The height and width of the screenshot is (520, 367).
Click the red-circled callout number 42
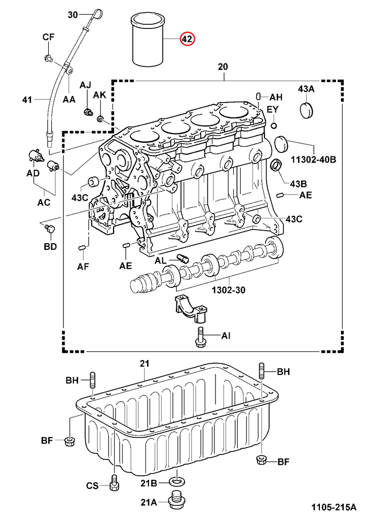pos(187,39)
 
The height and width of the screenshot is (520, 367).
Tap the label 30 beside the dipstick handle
pos(73,15)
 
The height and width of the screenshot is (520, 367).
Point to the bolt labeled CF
pos(48,58)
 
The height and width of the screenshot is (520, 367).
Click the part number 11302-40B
pos(313,159)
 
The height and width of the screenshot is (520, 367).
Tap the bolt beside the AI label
pos(200,337)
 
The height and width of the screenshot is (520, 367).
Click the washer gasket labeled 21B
pos(176,481)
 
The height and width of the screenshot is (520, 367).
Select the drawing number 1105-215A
pos(335,507)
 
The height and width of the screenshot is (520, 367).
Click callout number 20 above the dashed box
pos(223,67)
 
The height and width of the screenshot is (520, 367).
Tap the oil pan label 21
pos(144,363)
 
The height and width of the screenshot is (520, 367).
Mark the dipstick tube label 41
pos(27,100)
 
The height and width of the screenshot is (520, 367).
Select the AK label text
pos(100,95)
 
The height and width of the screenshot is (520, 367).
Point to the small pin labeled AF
pos(82,247)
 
